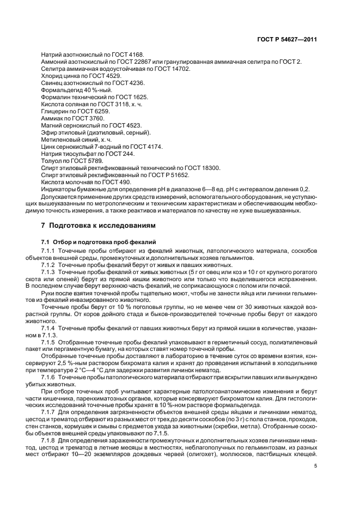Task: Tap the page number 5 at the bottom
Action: click(315, 466)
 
